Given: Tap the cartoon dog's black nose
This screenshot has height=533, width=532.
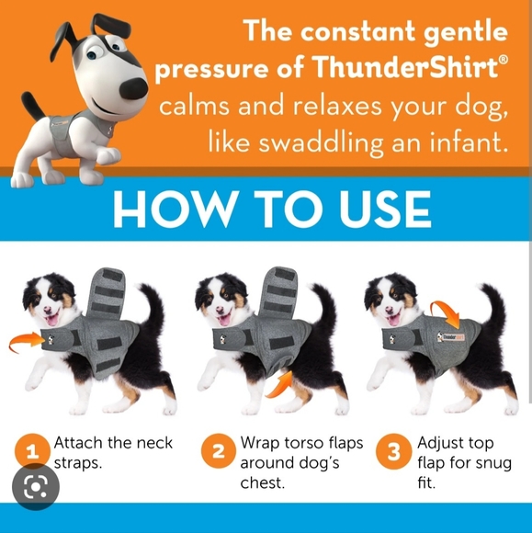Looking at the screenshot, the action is (x=134, y=88).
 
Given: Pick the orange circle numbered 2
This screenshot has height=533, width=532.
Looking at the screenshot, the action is (x=218, y=451).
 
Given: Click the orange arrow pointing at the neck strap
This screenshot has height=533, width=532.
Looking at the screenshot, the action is (x=28, y=342).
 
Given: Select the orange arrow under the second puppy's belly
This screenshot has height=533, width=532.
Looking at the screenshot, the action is (x=279, y=385).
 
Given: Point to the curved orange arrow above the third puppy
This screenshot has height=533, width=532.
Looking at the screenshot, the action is (x=446, y=311).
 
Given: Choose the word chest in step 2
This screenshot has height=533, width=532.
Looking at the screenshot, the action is (x=262, y=482).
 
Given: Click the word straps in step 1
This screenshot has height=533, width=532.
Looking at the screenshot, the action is (x=78, y=463).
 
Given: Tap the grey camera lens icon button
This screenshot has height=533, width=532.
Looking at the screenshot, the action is (x=35, y=487).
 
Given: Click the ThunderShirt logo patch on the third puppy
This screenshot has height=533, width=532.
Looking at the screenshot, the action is (x=451, y=337).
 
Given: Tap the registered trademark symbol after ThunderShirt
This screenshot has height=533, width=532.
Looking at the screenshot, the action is (x=504, y=60).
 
